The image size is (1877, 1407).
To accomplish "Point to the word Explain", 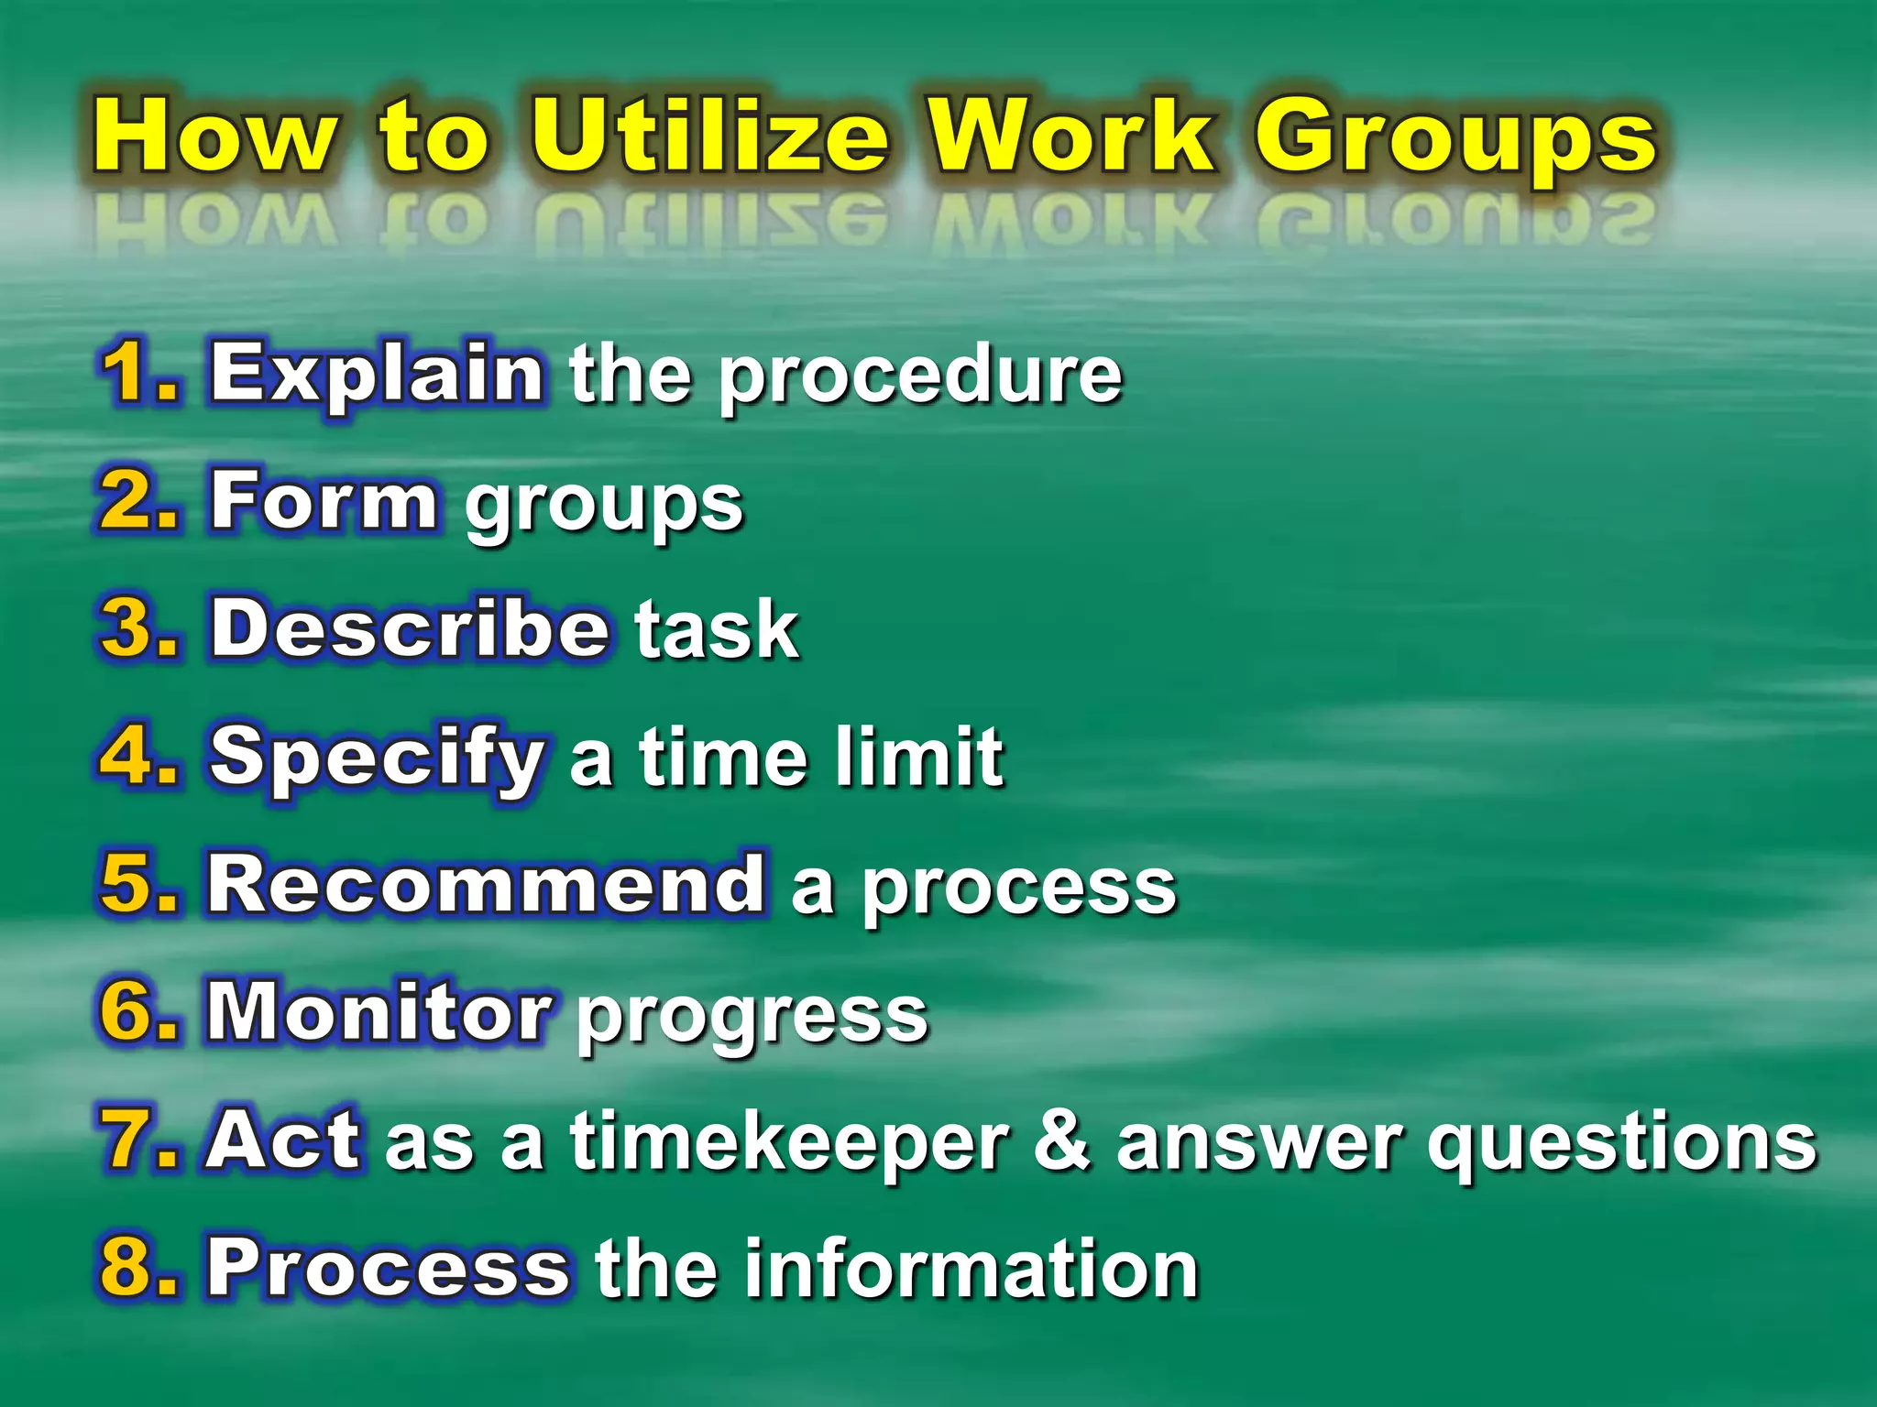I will [377, 375].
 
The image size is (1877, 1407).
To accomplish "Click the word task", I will [718, 629].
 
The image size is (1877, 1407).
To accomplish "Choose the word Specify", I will [377, 759].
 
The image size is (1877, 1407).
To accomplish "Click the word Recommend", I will [486, 885].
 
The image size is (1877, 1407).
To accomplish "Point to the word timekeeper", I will [789, 1143].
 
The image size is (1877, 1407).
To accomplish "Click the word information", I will [971, 1269].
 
